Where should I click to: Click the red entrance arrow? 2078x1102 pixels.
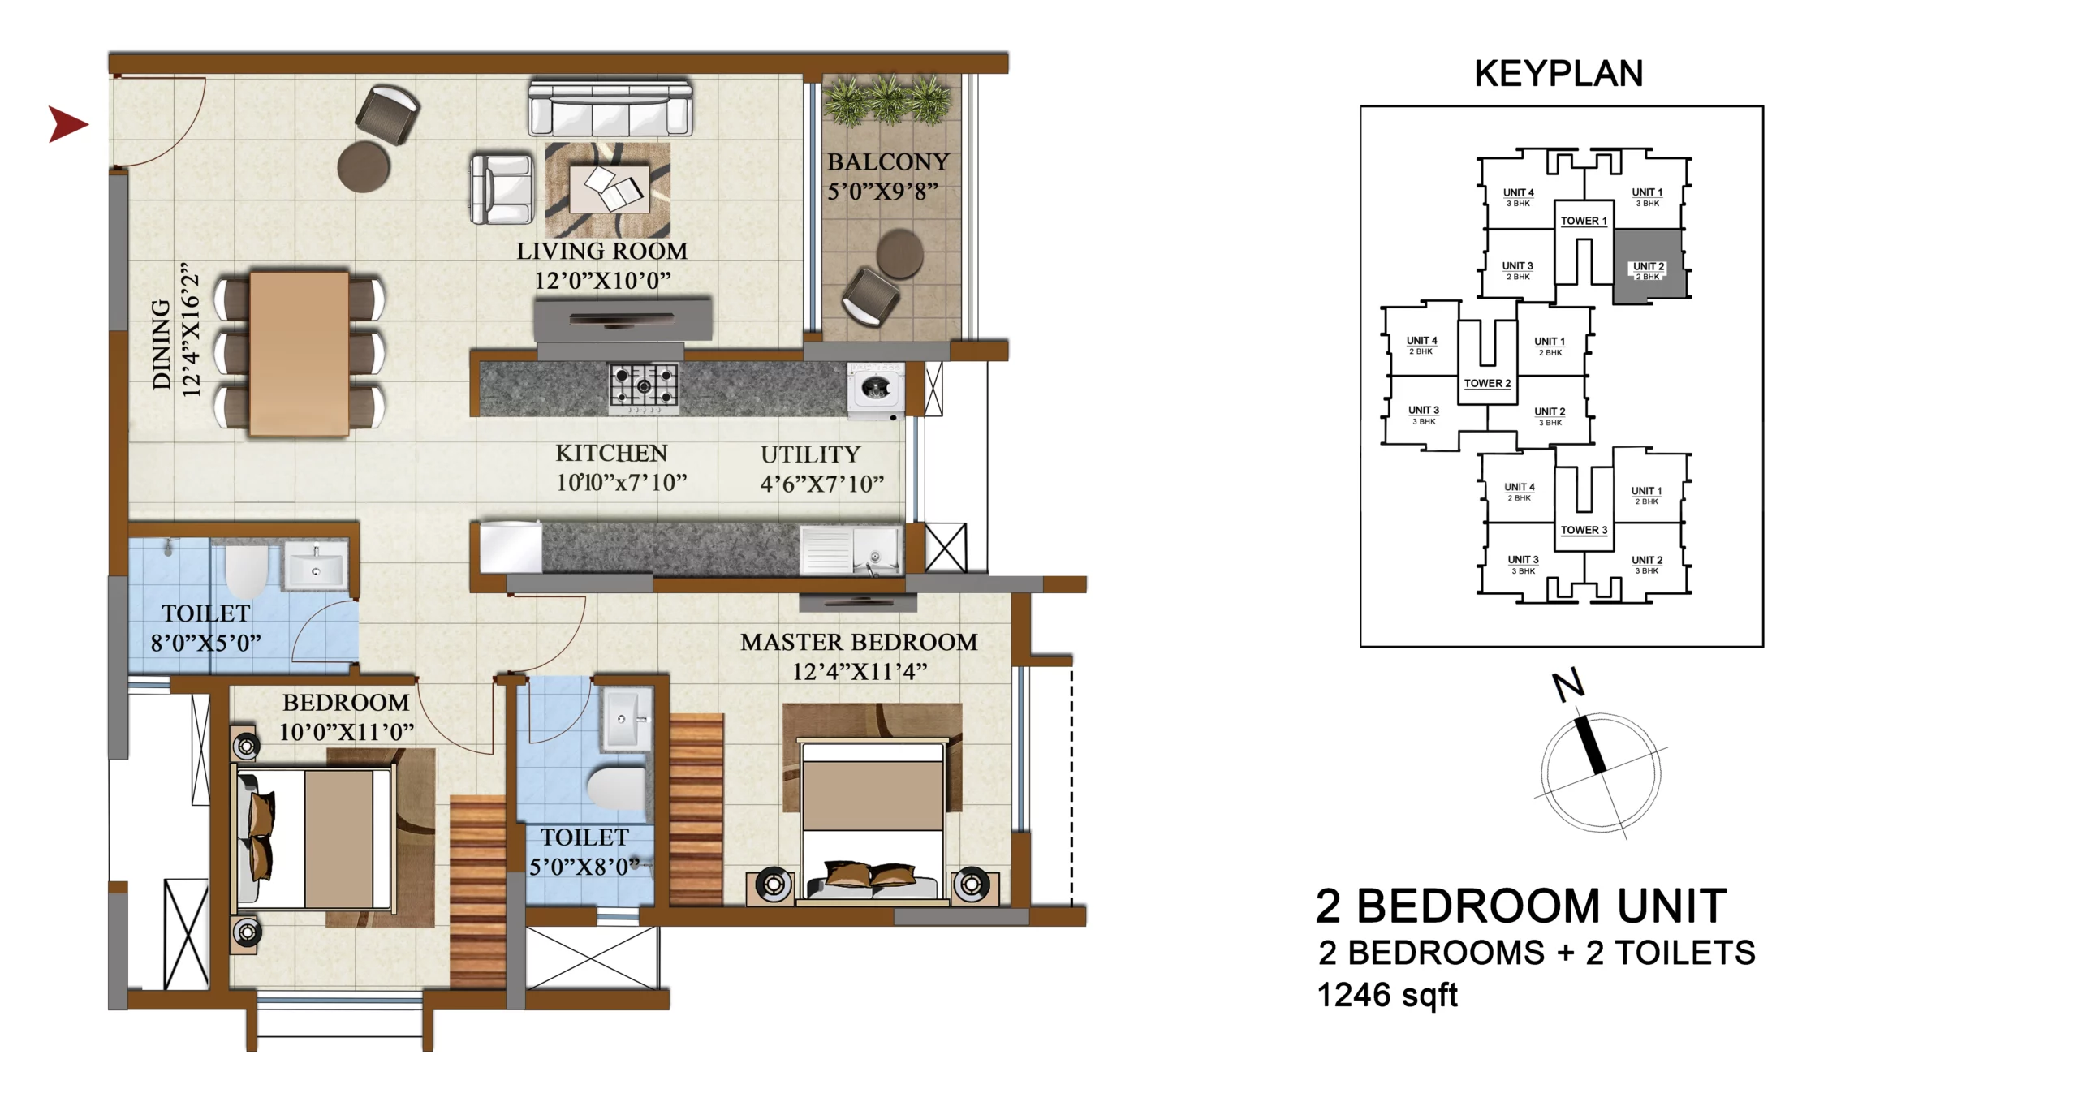click(67, 124)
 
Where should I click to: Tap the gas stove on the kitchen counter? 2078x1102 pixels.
click(644, 388)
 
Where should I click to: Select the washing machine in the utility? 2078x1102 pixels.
click(874, 391)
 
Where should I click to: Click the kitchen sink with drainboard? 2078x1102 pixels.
click(851, 549)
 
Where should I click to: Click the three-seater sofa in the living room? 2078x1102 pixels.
click(610, 106)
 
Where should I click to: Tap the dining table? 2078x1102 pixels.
click(300, 353)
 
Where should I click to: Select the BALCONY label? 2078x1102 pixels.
click(888, 162)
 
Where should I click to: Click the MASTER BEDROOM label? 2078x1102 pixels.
click(859, 642)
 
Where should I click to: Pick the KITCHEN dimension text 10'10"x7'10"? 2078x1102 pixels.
click(622, 483)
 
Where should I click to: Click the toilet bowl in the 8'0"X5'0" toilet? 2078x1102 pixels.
click(246, 570)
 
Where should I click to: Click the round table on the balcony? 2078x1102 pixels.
click(899, 253)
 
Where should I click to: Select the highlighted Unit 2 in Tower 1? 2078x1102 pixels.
click(1647, 266)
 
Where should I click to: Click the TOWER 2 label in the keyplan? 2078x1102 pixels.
click(1487, 383)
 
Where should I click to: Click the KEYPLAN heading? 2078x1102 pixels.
click(1558, 74)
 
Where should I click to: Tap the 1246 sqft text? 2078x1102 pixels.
click(1387, 995)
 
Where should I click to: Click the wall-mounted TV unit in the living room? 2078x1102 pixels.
click(623, 319)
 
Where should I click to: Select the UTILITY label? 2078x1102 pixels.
click(810, 454)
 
